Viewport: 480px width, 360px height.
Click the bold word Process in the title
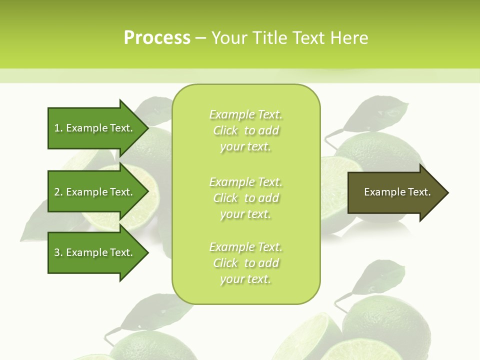157,37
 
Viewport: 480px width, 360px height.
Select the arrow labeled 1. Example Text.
95,128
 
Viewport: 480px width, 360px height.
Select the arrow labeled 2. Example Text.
95,192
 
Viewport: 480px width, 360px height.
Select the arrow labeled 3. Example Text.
95,252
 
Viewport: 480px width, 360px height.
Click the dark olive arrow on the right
395,192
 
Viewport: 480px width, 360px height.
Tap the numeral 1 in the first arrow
57,128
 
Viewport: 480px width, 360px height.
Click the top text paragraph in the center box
245,130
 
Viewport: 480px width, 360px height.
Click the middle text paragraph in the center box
245,197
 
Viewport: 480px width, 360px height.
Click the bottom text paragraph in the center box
245,263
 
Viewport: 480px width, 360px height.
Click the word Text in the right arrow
419,192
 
